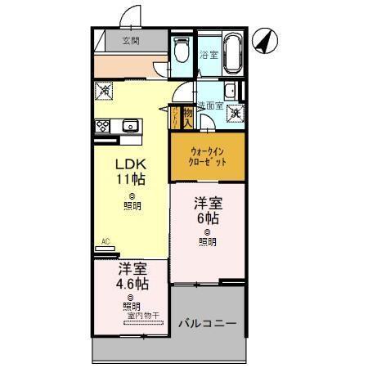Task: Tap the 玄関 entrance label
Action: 131,40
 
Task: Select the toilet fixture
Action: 182,50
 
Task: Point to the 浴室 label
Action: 209,55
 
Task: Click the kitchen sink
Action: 129,126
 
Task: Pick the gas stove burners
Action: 104,126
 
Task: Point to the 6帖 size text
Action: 207,218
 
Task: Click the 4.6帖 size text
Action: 132,284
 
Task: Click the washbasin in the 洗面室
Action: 231,90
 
